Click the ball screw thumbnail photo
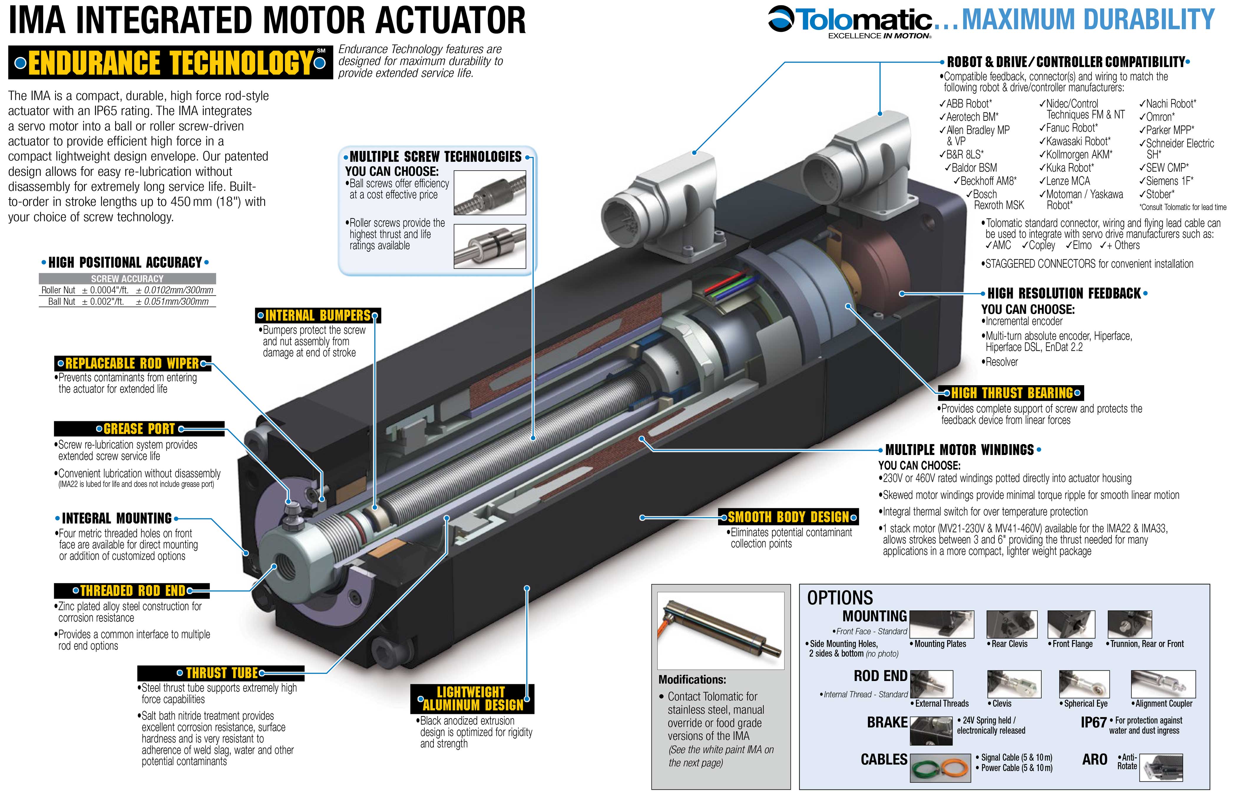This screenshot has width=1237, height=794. coord(489,193)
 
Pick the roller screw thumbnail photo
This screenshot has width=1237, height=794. coord(489,246)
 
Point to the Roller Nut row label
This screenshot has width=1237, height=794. coord(58,290)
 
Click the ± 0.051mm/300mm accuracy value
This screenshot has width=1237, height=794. coord(172,302)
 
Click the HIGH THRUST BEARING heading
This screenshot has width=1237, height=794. coord(1012,393)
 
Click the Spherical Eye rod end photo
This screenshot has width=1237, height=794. coord(1084,684)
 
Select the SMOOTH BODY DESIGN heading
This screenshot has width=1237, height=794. coord(788,516)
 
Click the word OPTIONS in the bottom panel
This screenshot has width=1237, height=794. coord(840,598)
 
